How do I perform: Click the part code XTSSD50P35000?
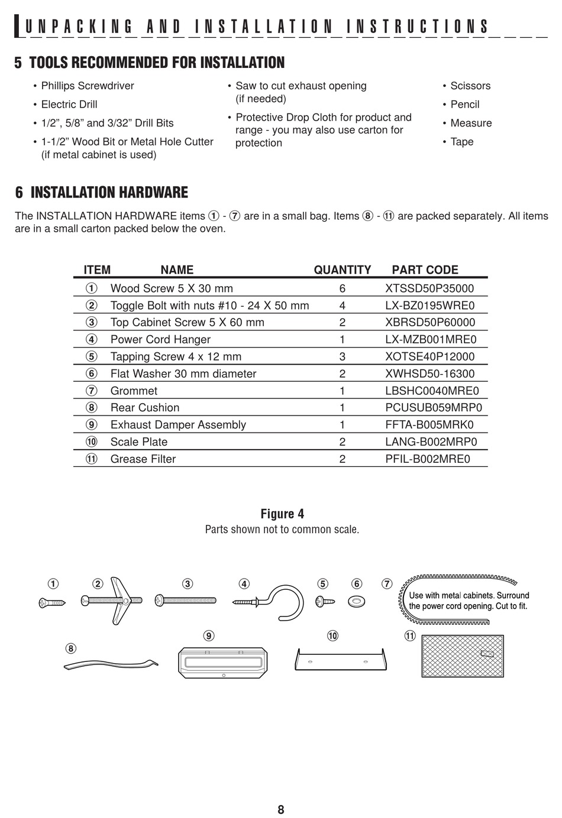click(429, 288)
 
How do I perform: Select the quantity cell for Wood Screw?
click(342, 288)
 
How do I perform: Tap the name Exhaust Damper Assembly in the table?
click(178, 425)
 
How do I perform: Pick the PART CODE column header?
click(425, 270)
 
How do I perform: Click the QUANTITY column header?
click(343, 270)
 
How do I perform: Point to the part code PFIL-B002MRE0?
click(428, 459)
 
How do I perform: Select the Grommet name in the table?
click(134, 391)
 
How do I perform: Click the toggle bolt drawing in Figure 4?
click(112, 600)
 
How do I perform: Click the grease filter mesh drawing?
click(463, 656)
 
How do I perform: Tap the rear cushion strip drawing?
click(111, 664)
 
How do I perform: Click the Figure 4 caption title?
click(282, 514)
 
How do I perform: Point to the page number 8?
click(280, 810)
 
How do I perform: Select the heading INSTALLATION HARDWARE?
click(109, 193)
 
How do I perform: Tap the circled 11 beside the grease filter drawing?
click(410, 636)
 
